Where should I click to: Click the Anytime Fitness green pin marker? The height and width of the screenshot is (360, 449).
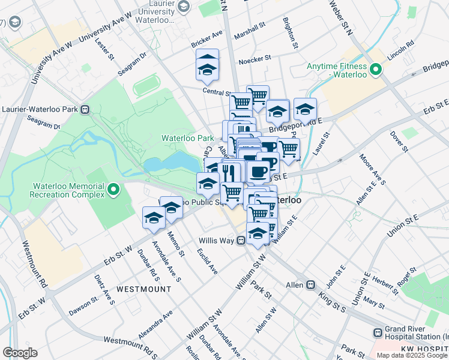[x=376, y=70]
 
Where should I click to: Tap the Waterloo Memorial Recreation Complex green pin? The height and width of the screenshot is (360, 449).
[x=113, y=191]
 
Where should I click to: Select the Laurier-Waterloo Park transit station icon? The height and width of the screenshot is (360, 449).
[x=85, y=110]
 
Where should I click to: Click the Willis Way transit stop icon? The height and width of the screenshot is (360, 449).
[x=240, y=241]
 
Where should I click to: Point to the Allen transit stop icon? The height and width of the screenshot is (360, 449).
[x=311, y=285]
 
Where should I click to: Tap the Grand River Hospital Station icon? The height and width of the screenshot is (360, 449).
[x=377, y=332]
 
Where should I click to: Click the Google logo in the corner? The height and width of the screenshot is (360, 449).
[x=20, y=353]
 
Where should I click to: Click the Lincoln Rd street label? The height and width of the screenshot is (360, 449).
[x=401, y=45]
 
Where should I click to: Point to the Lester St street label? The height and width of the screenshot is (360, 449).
[x=109, y=52]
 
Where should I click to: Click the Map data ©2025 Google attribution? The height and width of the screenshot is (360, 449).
[x=412, y=355]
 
